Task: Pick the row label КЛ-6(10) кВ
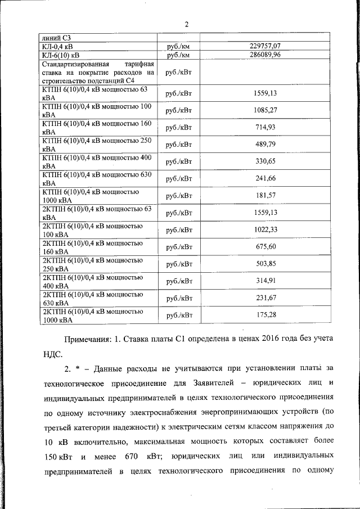[60, 55]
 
